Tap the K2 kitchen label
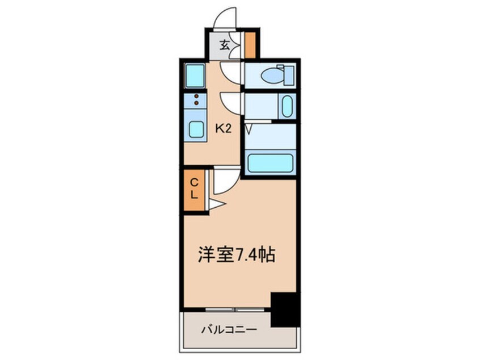point(223,129)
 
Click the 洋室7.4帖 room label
point(237,254)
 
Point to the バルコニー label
point(229,330)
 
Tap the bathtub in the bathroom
point(270,163)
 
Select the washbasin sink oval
point(287,106)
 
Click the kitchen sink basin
point(196,129)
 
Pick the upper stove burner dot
point(196,97)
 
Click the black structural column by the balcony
point(285,309)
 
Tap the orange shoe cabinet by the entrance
point(250,45)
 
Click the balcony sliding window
point(235,310)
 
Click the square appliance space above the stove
point(195,76)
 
